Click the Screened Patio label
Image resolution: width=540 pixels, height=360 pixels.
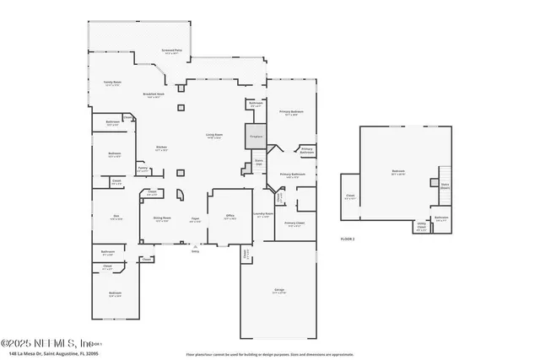point(172,51)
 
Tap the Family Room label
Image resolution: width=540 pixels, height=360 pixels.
point(113,83)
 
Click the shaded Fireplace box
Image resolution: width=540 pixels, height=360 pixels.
point(256,135)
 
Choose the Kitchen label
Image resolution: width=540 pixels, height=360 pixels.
point(161,148)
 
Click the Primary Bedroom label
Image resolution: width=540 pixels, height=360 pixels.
point(291,112)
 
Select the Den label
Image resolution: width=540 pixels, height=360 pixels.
point(116,217)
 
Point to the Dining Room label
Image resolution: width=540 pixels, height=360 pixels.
point(162,218)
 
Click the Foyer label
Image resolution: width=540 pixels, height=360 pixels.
point(194,218)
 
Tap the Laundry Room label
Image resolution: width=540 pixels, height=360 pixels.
point(263,214)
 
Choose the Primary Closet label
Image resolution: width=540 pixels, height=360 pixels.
point(294,223)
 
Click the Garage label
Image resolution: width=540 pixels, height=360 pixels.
point(278,291)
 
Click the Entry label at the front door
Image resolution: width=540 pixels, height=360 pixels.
point(195,250)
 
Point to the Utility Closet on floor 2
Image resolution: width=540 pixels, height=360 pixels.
point(421,227)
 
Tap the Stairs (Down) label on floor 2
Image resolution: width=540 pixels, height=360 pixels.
point(445,187)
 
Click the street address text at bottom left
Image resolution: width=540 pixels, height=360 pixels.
point(51,354)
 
